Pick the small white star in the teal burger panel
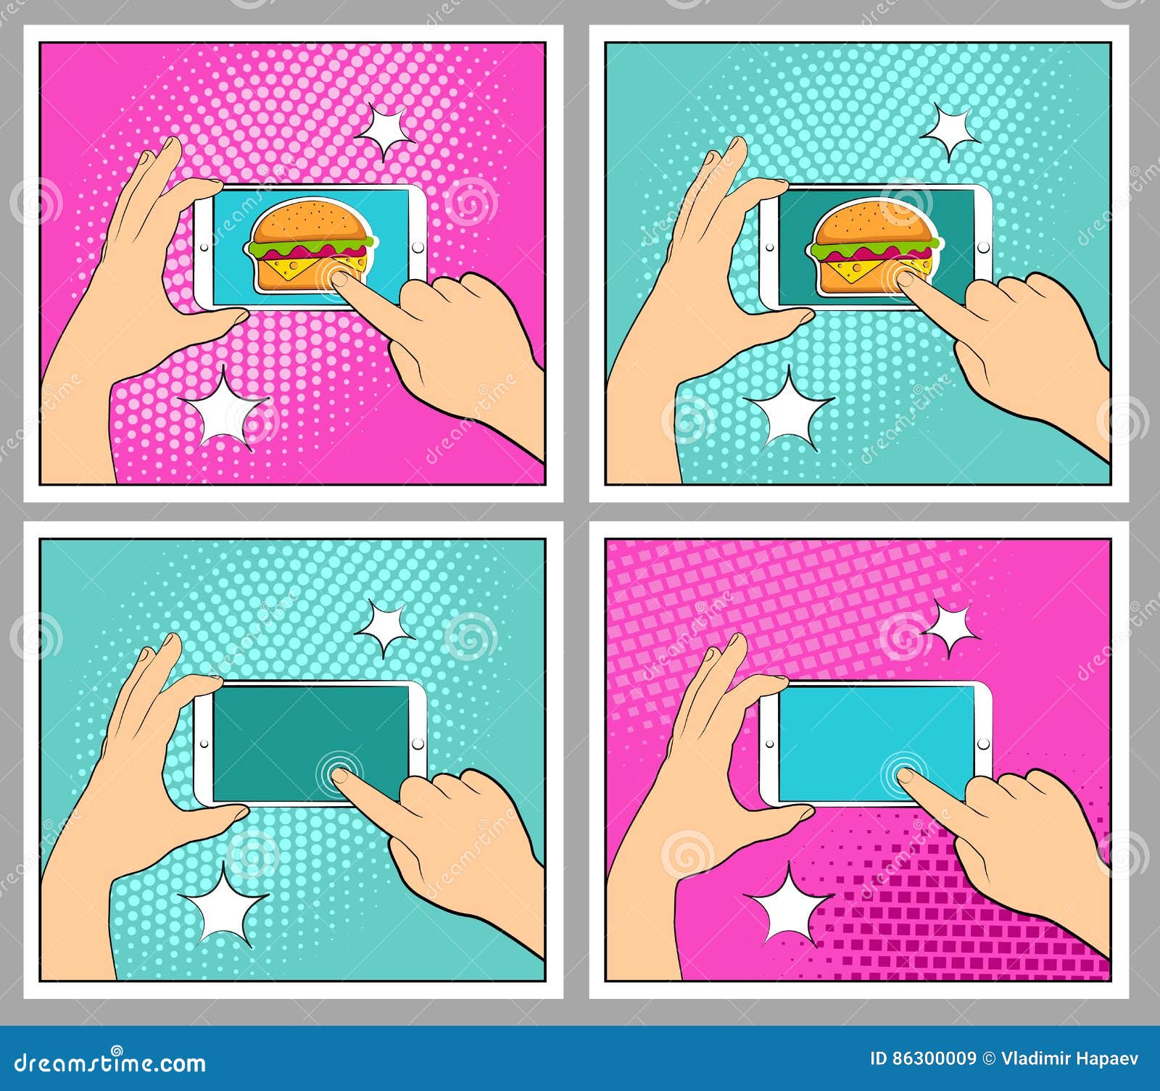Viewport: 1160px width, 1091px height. pos(949,130)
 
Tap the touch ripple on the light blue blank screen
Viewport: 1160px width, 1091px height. pos(903,773)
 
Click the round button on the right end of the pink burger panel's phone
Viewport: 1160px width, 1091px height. pos(418,248)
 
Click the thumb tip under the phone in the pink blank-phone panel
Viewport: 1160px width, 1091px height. pos(801,814)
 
